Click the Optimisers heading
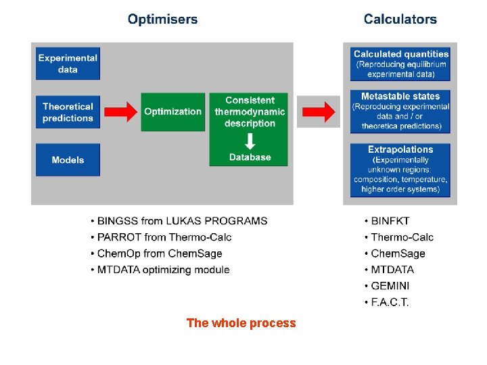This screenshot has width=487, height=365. click(x=162, y=20)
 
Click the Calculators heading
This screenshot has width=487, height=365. click(x=400, y=20)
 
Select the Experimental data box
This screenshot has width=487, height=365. click(x=68, y=64)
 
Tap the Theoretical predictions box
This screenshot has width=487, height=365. click(x=68, y=112)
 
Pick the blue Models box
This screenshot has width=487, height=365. click(x=68, y=160)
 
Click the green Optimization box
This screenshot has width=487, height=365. click(x=172, y=112)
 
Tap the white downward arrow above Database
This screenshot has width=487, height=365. click(x=250, y=141)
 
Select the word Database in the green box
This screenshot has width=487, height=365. click(x=250, y=157)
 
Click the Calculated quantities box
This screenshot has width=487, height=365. click(x=401, y=64)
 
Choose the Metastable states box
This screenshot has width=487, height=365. click(x=401, y=111)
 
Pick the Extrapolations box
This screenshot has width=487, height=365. click(x=401, y=169)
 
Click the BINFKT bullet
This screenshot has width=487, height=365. click(x=390, y=221)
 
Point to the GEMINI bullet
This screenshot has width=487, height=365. click(x=388, y=286)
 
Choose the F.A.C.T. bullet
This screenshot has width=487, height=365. click(x=390, y=302)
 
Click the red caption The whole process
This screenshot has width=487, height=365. click(x=241, y=323)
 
